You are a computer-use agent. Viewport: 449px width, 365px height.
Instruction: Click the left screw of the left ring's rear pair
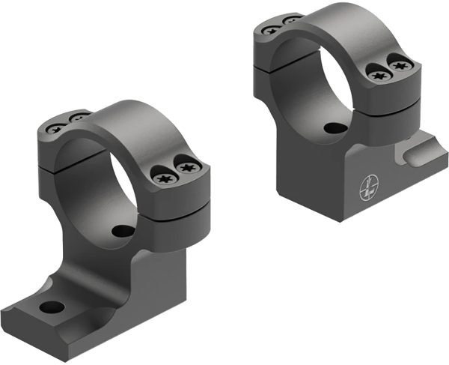pos(57,127)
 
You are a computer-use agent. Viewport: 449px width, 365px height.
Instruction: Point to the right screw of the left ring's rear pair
pos(76,118)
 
